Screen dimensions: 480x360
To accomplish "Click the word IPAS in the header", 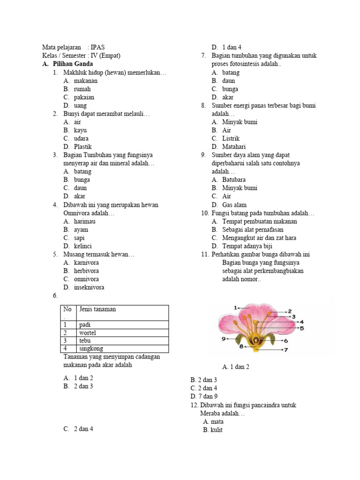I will click(98, 47).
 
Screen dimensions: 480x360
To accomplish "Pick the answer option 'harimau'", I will click(85, 221).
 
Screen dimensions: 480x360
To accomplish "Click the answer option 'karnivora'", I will click(86, 262).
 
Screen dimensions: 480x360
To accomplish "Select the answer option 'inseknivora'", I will click(89, 287).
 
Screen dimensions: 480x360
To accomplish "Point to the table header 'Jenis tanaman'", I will click(97, 309).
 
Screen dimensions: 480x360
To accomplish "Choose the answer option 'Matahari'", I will click(234, 147).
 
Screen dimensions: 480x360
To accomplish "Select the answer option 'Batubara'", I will click(234, 180).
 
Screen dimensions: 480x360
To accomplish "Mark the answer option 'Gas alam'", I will click(234, 205).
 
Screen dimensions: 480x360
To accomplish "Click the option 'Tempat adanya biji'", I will click(247, 246).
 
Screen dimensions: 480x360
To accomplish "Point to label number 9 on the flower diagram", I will click(224, 339).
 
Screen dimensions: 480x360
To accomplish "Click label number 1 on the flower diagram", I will click(236, 307).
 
